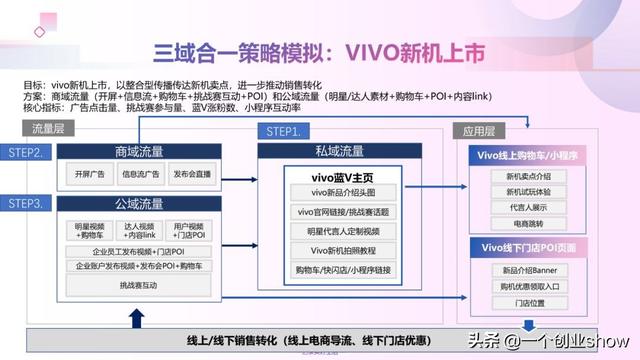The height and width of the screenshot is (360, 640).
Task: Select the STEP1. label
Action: point(283,132)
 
